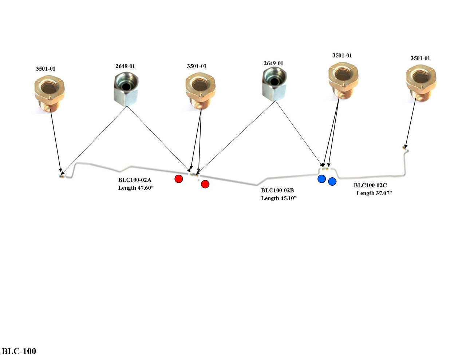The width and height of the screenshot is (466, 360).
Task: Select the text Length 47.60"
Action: click(x=136, y=188)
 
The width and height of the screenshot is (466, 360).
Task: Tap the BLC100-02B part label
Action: click(x=277, y=190)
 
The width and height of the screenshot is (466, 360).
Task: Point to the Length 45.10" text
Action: click(x=279, y=198)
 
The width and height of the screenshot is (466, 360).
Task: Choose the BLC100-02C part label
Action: click(x=370, y=185)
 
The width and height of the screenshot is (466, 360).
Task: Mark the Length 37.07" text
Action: click(x=374, y=193)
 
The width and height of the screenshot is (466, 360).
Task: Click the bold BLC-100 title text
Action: click(x=19, y=351)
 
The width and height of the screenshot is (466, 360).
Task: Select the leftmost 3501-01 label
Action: click(x=46, y=68)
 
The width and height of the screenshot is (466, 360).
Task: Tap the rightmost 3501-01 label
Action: click(x=420, y=58)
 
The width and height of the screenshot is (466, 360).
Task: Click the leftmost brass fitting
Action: click(x=50, y=91)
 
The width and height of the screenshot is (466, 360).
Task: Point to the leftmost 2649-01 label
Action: click(x=125, y=66)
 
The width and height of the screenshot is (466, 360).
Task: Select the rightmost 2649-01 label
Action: click(x=273, y=63)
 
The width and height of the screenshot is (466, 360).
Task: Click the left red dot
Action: click(x=178, y=179)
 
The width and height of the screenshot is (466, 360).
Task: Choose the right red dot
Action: click(x=205, y=184)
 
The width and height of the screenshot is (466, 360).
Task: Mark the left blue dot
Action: click(x=321, y=179)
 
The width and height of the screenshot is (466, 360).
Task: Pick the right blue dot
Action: click(x=332, y=181)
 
